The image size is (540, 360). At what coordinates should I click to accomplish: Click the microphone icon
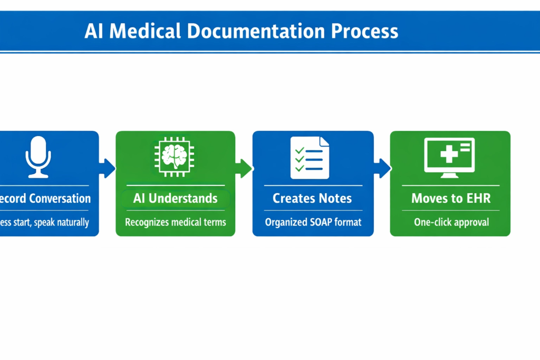click(x=38, y=157)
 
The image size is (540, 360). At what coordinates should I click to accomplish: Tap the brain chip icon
click(x=175, y=157)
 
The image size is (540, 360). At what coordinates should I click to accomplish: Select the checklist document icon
click(x=310, y=157)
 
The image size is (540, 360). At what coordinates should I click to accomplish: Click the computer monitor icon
click(x=449, y=157)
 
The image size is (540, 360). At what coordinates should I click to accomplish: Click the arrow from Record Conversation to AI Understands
click(x=107, y=169)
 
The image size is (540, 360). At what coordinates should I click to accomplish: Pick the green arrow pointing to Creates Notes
click(x=244, y=169)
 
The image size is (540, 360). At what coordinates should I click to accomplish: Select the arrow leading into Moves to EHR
click(x=382, y=169)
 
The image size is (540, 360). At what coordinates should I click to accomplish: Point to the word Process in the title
click(x=364, y=31)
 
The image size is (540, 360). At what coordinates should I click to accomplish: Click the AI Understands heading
click(x=175, y=198)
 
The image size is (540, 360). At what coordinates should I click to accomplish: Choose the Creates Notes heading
click(x=313, y=198)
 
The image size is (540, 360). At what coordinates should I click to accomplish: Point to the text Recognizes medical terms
click(x=175, y=222)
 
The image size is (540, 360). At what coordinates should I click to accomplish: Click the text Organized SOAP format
click(x=313, y=222)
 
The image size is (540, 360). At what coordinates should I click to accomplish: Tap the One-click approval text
click(x=451, y=222)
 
